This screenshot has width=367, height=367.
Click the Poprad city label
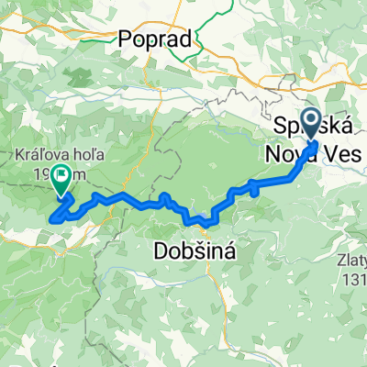coord(155,39)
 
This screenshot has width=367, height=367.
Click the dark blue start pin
coord(311,123)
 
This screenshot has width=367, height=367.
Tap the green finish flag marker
coord(62,181)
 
